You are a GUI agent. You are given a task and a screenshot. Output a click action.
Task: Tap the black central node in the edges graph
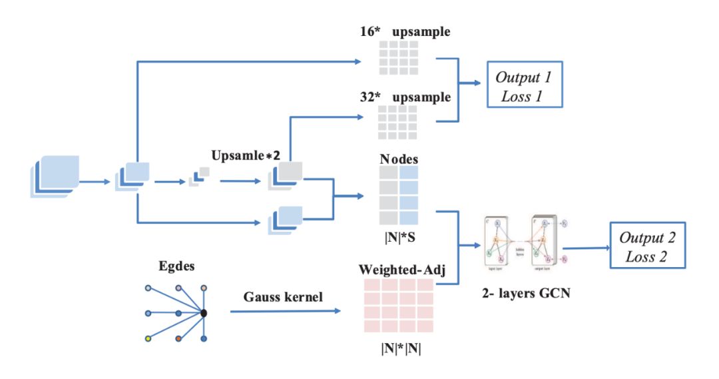coord(204,312)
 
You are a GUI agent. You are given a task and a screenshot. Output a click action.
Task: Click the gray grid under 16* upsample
coord(398,57)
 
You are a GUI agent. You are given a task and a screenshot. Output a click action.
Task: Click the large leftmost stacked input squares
coord(55,176)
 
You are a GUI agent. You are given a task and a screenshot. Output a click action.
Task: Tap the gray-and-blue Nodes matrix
coord(398,195)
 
